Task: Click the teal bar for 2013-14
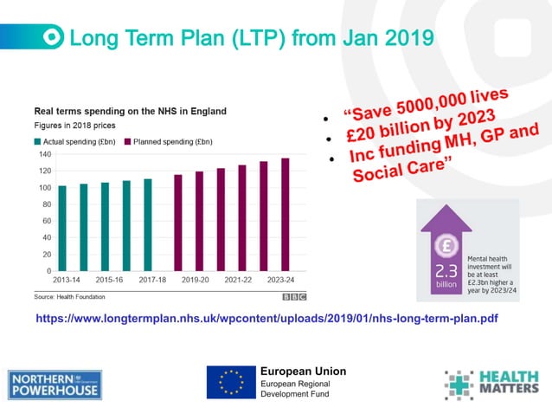[62, 229]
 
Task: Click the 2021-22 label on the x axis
[242, 281]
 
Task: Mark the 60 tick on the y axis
[45, 221]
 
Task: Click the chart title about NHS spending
[130, 112]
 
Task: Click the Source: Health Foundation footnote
[74, 296]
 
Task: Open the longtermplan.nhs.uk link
[266, 319]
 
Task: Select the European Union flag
[230, 382]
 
